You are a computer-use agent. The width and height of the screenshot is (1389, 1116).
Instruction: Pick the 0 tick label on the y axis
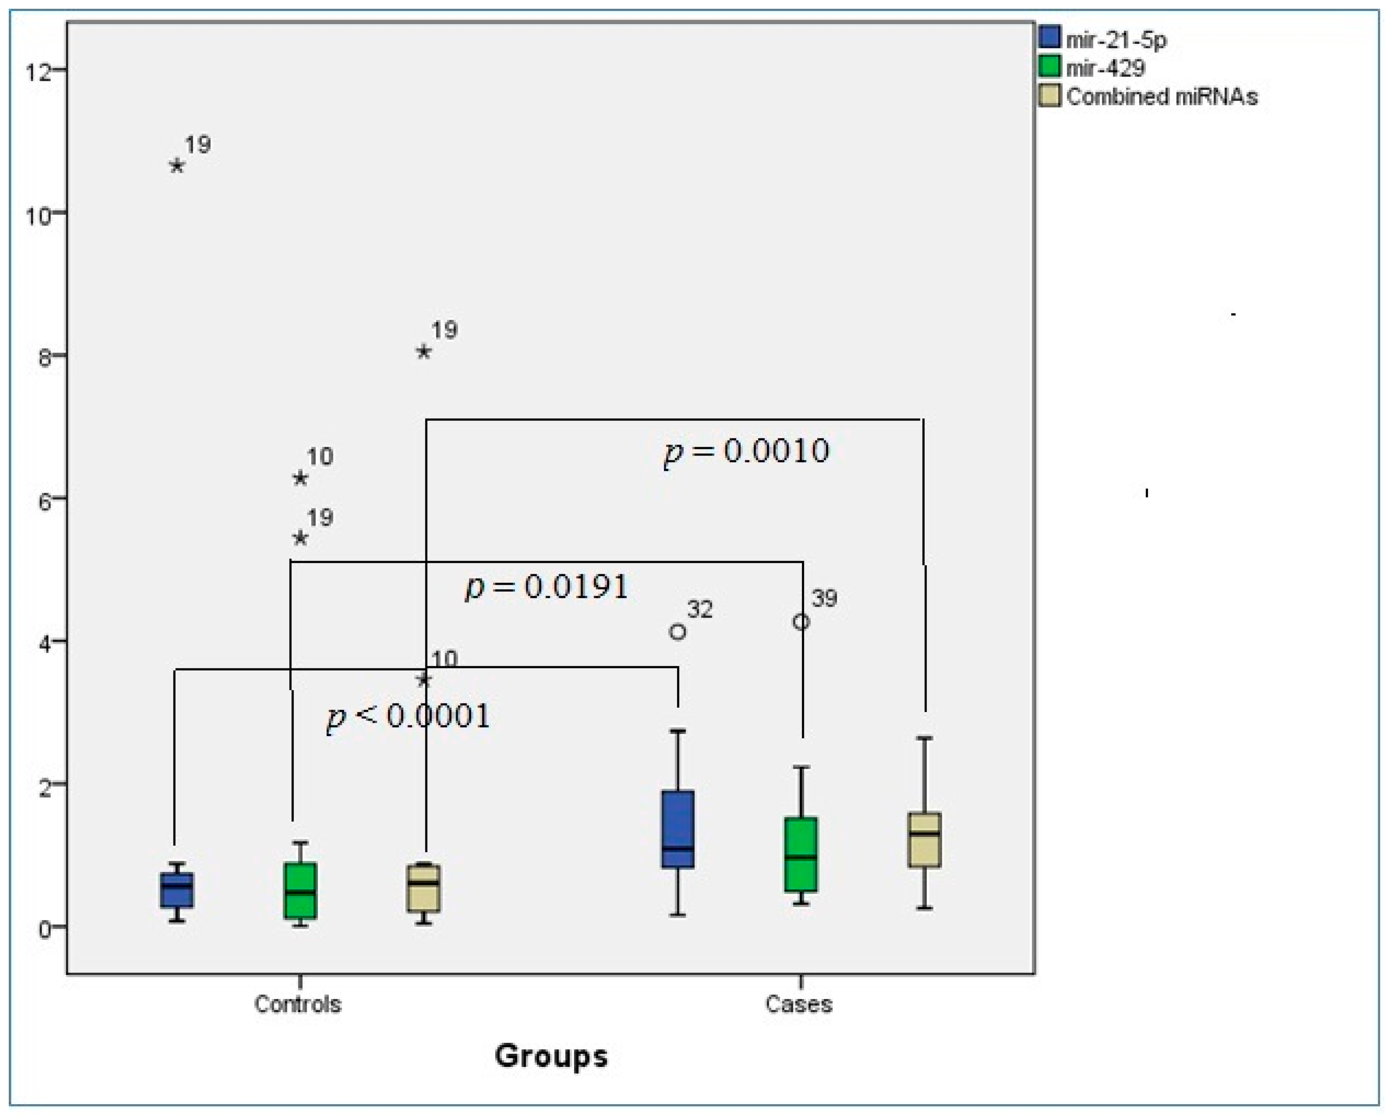coord(44,929)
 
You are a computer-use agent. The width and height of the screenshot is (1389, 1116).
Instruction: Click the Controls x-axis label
coord(298,1003)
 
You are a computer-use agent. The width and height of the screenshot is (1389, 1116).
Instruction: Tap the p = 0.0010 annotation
coord(746,451)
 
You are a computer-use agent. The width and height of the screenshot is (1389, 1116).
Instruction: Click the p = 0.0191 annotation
coord(546,587)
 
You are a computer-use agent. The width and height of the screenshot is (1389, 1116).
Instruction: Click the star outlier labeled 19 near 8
coord(423,352)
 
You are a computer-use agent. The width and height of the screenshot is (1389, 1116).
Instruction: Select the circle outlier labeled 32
coord(678,632)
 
